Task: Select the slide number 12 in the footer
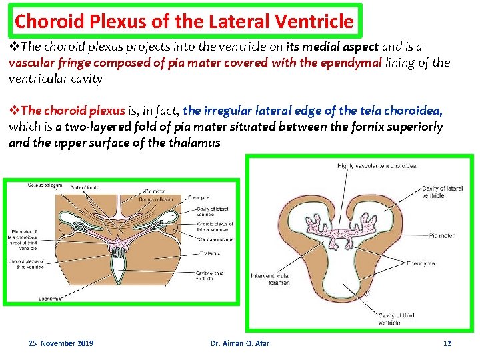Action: (x=447, y=343)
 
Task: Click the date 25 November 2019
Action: (x=61, y=343)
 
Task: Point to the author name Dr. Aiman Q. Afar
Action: (x=240, y=343)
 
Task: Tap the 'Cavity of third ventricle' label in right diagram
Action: (x=399, y=319)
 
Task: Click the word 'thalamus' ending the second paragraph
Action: (x=197, y=142)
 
